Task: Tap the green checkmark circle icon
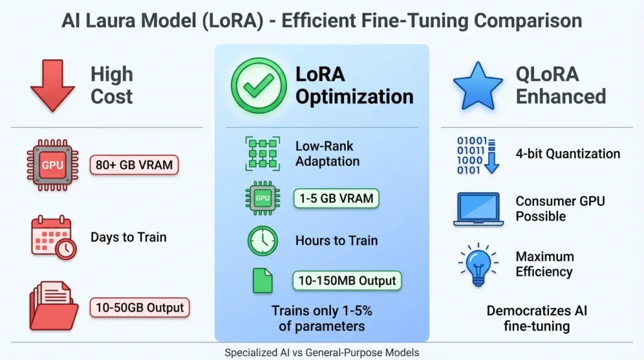point(258,86)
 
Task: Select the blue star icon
point(478,86)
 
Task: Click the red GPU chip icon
point(52,166)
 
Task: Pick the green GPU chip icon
point(262,198)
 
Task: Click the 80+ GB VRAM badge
point(135,166)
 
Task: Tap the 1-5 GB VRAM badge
point(336,198)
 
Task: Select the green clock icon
point(262,240)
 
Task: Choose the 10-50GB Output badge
point(140,308)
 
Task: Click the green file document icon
point(262,280)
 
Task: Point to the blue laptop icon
point(479,210)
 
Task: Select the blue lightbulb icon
point(479,264)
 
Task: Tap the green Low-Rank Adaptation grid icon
point(262,154)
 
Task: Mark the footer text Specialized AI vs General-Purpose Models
point(322,353)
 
